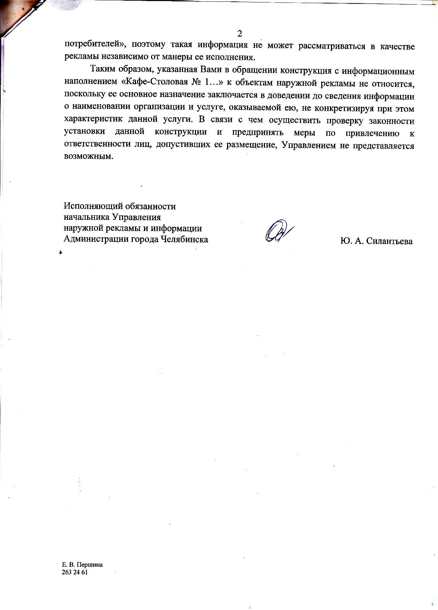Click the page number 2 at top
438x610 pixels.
240,34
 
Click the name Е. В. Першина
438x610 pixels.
82,565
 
